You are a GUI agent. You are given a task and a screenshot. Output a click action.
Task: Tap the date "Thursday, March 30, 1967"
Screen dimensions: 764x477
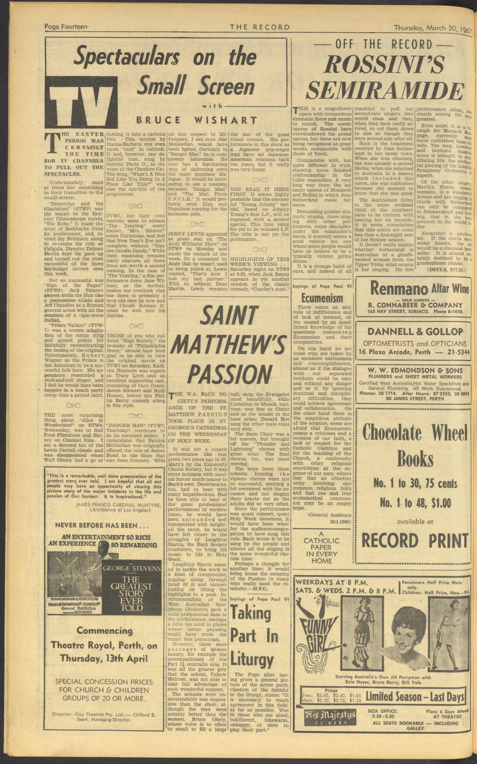432,28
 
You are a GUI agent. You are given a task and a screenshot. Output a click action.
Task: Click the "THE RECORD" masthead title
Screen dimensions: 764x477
260,27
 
